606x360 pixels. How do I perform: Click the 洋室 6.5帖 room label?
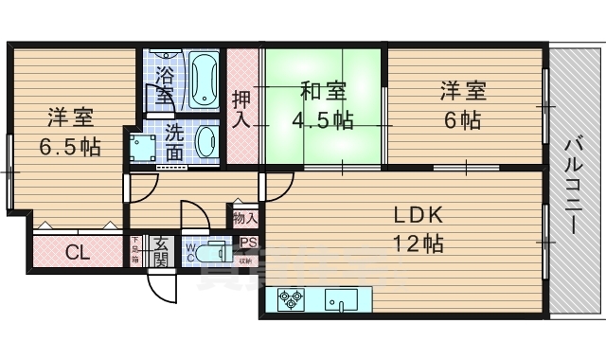point(69,134)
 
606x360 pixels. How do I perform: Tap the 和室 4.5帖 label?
point(322,106)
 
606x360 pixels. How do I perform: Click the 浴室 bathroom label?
point(164,83)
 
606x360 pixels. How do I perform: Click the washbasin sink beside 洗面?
point(206,143)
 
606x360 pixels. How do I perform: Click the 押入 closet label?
point(241,108)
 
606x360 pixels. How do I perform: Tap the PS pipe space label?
point(247,243)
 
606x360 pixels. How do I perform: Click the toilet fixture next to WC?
point(216,253)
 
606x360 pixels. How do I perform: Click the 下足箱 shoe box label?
point(136,251)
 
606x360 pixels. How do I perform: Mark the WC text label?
point(190,252)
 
